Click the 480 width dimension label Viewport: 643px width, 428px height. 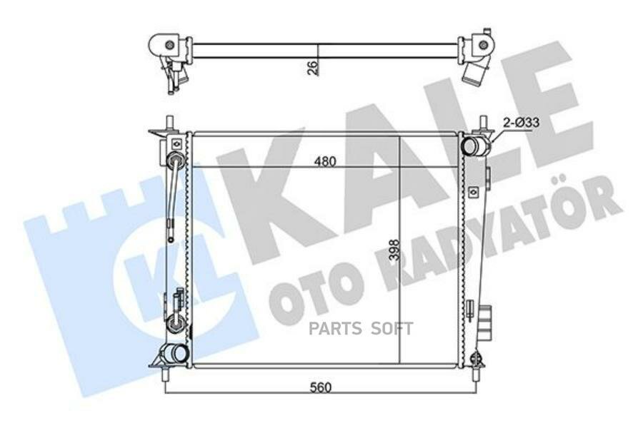click(x=325, y=161)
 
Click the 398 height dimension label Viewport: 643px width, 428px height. click(x=394, y=250)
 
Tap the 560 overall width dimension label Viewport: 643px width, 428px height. click(x=320, y=387)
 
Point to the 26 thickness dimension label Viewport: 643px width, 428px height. click(x=312, y=68)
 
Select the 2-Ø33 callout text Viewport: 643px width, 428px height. click(x=522, y=122)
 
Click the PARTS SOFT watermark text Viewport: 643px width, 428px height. click(x=361, y=328)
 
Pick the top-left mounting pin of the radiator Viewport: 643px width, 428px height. click(x=169, y=123)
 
